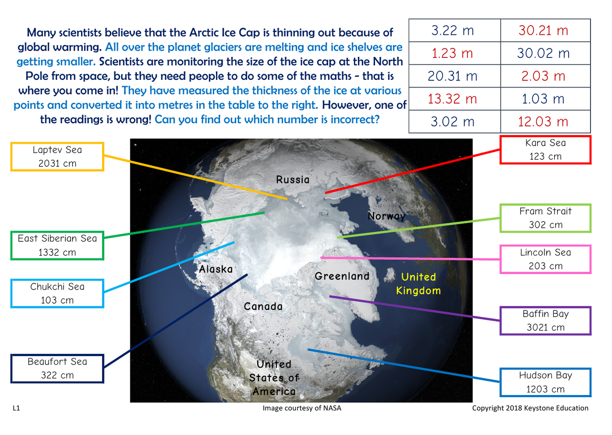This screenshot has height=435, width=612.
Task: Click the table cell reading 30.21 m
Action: click(545, 30)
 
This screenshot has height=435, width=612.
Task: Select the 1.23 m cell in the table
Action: click(455, 53)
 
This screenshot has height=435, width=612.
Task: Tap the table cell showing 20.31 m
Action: click(455, 76)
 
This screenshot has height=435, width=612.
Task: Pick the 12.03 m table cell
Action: click(545, 122)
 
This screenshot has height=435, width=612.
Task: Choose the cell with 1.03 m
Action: click(545, 99)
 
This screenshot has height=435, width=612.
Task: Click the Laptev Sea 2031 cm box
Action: click(57, 157)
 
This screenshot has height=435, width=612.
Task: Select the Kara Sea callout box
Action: click(545, 149)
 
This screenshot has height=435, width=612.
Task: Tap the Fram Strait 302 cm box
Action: click(545, 218)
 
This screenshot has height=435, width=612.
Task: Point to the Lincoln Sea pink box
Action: click(545, 259)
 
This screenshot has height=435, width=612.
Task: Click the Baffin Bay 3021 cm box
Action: click(545, 321)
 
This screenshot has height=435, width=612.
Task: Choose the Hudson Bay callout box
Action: click(545, 382)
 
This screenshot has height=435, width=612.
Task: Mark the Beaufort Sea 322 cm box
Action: click(57, 369)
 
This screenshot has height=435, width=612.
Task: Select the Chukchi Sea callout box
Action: click(57, 293)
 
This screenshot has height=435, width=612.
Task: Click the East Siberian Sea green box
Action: click(57, 245)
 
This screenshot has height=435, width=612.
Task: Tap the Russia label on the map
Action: click(293, 180)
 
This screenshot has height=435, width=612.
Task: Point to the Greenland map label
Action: click(342, 276)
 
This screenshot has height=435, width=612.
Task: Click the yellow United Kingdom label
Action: click(418, 284)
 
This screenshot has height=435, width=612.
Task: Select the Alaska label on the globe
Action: click(216, 269)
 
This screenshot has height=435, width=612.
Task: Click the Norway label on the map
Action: click(386, 216)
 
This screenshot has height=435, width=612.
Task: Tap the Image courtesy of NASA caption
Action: click(302, 408)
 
